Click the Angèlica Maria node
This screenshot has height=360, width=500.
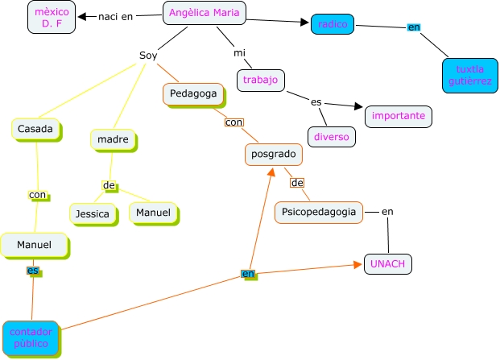tap(205, 13)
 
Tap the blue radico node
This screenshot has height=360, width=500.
tap(333, 25)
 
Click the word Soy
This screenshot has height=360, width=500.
tap(148, 56)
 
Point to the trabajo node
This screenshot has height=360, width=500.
tap(261, 80)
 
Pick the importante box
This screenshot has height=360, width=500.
tap(398, 116)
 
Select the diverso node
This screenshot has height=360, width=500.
tap(332, 137)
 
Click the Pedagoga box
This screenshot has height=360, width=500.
tap(193, 94)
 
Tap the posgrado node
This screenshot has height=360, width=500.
tap(273, 154)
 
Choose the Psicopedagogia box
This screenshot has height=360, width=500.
tap(319, 212)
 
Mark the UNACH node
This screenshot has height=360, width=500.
tap(388, 263)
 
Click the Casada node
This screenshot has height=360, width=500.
tap(37, 129)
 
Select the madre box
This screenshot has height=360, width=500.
tap(113, 139)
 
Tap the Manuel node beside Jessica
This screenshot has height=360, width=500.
tap(153, 213)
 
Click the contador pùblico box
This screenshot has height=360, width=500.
tap(29, 337)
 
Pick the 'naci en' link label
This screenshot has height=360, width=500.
tap(115, 16)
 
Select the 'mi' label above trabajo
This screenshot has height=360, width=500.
tap(239, 53)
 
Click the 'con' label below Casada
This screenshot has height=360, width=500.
tap(38, 195)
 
